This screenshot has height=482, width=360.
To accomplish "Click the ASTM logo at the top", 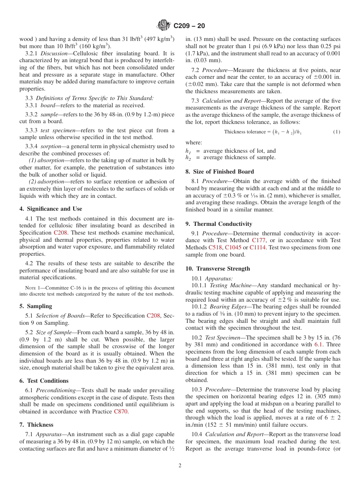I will (164, 26).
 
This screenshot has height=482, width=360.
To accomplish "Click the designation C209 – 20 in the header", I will (189, 26).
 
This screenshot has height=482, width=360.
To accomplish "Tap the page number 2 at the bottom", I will (180, 466).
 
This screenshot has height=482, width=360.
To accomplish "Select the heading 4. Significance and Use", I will (50, 209).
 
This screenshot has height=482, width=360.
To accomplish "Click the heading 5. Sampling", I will (36, 306).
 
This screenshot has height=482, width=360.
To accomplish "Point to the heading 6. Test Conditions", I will (44, 381).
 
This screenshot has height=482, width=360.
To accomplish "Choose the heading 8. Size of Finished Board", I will (219, 172).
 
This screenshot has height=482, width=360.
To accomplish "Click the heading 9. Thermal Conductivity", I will (219, 224).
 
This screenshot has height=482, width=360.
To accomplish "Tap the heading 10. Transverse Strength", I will (218, 269).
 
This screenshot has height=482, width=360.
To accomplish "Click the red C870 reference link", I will (121, 412).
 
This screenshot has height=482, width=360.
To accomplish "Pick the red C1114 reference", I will (258, 247).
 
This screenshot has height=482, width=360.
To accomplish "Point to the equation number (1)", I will (337, 132).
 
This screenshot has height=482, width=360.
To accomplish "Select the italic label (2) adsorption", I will (45, 182).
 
